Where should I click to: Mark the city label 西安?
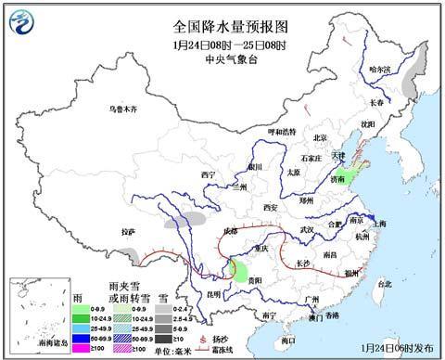(270, 207)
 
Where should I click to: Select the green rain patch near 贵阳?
(240, 273)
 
